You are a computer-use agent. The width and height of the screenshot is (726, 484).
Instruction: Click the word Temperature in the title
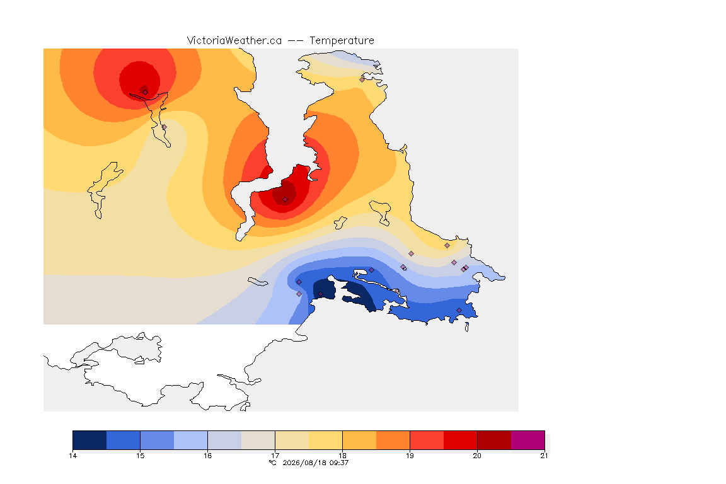point(342,41)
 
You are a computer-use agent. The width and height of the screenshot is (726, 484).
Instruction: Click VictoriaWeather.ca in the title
point(234,41)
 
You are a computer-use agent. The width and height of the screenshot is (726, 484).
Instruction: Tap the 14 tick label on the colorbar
point(72,456)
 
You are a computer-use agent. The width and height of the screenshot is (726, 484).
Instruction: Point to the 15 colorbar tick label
point(141,456)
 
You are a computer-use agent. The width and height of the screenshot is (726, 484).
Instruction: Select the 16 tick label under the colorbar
point(207,456)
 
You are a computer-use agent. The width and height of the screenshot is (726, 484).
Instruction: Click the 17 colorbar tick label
point(275,456)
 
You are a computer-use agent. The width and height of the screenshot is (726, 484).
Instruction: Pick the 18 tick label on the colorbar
point(343,456)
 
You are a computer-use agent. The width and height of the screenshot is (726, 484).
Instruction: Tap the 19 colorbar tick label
point(410,456)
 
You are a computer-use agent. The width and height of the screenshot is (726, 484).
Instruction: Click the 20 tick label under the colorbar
point(477,456)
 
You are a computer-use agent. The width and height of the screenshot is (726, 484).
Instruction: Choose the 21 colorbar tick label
point(544,456)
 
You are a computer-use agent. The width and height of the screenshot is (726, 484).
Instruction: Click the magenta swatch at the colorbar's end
point(528,440)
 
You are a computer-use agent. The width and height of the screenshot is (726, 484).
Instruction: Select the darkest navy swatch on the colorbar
point(90,440)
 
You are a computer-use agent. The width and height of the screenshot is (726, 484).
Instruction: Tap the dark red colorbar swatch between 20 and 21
point(494,440)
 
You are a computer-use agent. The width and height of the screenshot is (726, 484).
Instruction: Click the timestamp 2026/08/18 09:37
point(315,463)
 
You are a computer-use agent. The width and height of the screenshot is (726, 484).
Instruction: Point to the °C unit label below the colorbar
point(273,463)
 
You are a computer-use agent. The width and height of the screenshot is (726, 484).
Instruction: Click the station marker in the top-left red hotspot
point(145,92)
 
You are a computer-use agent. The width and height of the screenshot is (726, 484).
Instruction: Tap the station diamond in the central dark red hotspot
point(285,200)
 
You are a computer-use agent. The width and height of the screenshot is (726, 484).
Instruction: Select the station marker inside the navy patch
point(320,294)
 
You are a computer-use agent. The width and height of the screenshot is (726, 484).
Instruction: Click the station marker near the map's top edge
point(362,79)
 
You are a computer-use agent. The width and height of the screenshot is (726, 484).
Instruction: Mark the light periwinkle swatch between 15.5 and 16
point(191,440)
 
